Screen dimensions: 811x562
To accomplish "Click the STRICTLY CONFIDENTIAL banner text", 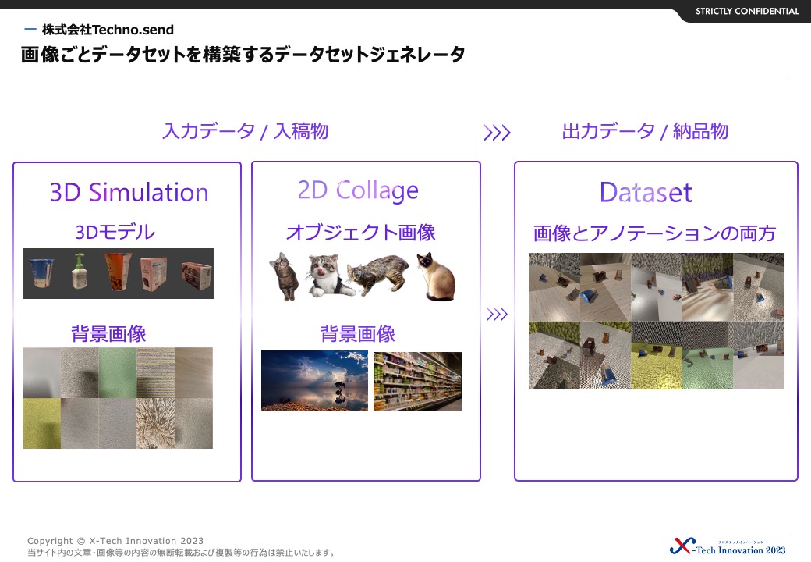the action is pyautogui.click(x=747, y=12).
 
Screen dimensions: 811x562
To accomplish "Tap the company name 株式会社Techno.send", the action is pyautogui.click(x=108, y=30).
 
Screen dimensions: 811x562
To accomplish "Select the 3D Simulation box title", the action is pyautogui.click(x=129, y=192).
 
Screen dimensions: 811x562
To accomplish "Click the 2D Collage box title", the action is pyautogui.click(x=358, y=190).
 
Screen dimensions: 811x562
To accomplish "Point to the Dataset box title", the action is pyautogui.click(x=646, y=193).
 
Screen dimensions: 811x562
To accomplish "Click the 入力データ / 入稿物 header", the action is pyautogui.click(x=246, y=131).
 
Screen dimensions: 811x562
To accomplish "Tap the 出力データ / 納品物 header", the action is pyautogui.click(x=645, y=131).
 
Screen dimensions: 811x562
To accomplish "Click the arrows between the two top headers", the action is pyautogui.click(x=497, y=133).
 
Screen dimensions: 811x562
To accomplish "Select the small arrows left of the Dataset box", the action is pyautogui.click(x=497, y=314).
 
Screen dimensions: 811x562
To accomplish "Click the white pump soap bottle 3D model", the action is pyautogui.click(x=79, y=271).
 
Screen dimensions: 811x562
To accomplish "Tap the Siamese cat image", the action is pyautogui.click(x=436, y=277).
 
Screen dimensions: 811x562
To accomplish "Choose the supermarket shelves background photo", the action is pyautogui.click(x=417, y=382).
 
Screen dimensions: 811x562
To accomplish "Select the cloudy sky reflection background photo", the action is pyautogui.click(x=314, y=380).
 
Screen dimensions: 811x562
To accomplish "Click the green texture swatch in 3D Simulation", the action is pyautogui.click(x=118, y=372).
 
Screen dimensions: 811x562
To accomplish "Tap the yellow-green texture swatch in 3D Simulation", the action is pyautogui.click(x=42, y=423).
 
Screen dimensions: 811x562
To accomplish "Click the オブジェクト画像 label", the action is pyautogui.click(x=360, y=233).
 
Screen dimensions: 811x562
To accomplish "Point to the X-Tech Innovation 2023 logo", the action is pyautogui.click(x=728, y=546).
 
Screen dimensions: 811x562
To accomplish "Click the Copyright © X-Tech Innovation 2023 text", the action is pyautogui.click(x=115, y=541).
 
